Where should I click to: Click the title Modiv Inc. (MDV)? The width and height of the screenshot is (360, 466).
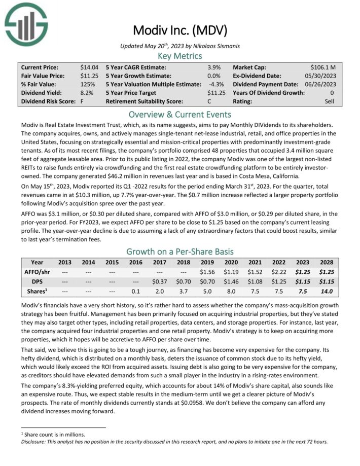point(180,29)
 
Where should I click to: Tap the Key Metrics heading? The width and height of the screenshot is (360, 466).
point(180,56)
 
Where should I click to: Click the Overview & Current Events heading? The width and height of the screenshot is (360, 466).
point(180,114)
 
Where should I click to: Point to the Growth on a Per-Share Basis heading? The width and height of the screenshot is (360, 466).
point(180,251)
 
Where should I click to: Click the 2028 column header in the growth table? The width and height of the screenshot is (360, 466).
point(326,263)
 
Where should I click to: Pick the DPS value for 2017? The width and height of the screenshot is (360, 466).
point(160,282)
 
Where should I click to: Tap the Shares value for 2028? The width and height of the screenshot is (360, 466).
point(326,292)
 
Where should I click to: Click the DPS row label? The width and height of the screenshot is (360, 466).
point(38,282)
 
